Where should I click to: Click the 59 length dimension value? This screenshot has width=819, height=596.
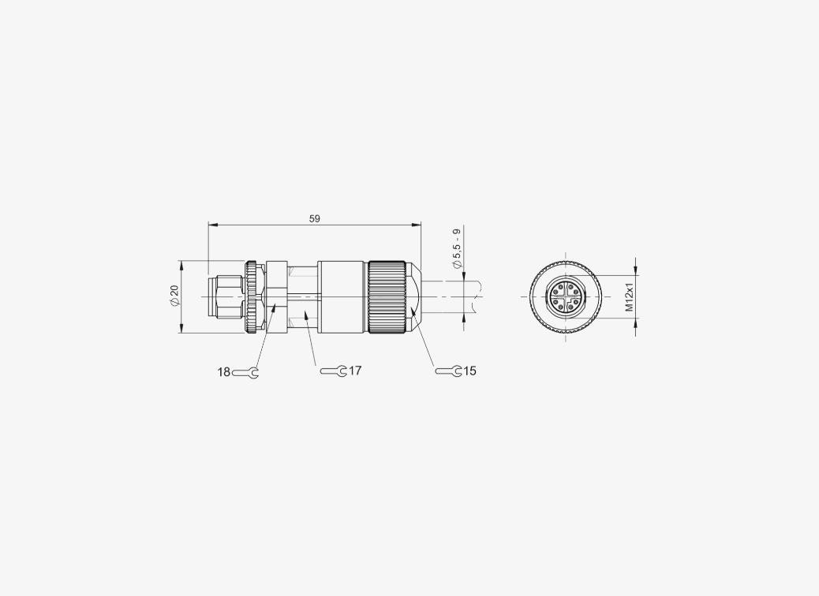315,218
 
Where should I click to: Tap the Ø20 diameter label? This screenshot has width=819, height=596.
174,296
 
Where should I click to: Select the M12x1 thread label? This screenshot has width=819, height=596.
630,297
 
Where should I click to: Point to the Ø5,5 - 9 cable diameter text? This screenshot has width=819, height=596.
457,248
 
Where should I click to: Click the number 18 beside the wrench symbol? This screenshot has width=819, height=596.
223,372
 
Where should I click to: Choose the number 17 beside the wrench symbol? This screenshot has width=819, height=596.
355,371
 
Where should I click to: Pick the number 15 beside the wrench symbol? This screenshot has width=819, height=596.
469,371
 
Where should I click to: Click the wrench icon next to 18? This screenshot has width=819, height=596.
245,373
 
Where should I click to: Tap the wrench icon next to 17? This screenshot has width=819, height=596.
334,371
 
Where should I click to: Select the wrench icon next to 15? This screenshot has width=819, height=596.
448,371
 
